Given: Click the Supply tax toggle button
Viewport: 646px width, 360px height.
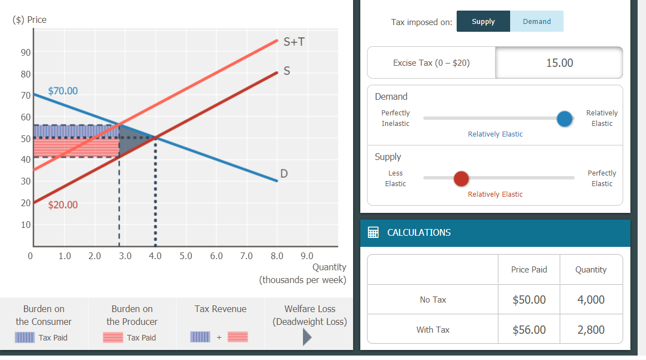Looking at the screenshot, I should pos(483,21).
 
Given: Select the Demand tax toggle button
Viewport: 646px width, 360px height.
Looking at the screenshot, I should pos(537,21).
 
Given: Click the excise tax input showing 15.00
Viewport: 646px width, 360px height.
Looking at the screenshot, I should pos(559,62).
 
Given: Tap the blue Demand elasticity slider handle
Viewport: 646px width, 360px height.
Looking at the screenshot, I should pos(565,118).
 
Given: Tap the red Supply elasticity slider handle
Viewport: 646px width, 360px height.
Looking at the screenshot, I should pos(461,178).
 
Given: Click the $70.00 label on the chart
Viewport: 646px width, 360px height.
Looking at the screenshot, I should pos(63,90).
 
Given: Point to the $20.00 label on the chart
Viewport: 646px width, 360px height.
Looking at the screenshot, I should pos(63,205).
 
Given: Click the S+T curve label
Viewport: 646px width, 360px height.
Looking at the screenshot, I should pos(294,42).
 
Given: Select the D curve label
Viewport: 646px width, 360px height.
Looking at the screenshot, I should pos(284,174).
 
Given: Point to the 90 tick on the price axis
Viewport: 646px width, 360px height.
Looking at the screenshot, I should pos(26,52).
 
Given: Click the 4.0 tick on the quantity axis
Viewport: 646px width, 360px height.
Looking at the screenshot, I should pos(155,256).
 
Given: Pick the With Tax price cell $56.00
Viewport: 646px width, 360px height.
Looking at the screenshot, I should pos(528,329).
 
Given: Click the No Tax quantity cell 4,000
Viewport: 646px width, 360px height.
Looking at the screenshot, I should pos(591,299).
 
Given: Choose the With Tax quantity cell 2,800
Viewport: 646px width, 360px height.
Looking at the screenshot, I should pos(591,329).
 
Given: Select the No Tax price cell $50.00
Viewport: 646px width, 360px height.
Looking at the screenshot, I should pos(528,299).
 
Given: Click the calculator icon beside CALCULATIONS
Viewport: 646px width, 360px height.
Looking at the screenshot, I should pos(374,232).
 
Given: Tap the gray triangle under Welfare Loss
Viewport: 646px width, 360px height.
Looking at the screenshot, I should pos(307,337).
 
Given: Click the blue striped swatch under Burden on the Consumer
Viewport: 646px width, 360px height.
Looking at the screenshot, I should pos(25,337).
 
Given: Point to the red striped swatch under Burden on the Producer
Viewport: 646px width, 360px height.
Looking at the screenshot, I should pos(113,337).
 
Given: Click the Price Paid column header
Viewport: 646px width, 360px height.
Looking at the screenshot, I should pos(528,269).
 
